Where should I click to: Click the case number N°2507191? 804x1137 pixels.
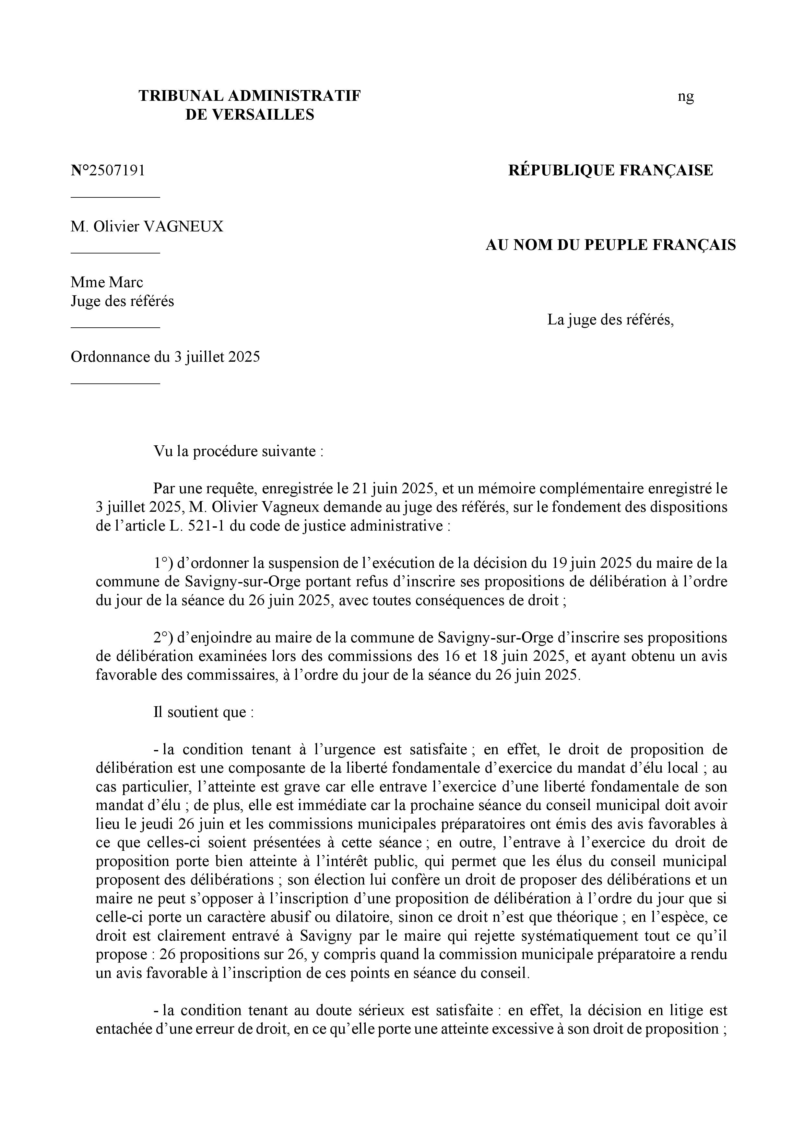coord(108,170)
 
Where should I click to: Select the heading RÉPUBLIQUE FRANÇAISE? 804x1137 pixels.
coord(610,170)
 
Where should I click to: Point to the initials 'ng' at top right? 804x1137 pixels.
coord(686,97)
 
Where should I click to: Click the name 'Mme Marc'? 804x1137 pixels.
coord(107,282)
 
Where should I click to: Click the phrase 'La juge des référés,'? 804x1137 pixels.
coord(610,320)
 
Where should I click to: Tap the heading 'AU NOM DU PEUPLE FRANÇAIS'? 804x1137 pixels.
coord(610,245)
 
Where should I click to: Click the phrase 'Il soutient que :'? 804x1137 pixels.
coord(204,712)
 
